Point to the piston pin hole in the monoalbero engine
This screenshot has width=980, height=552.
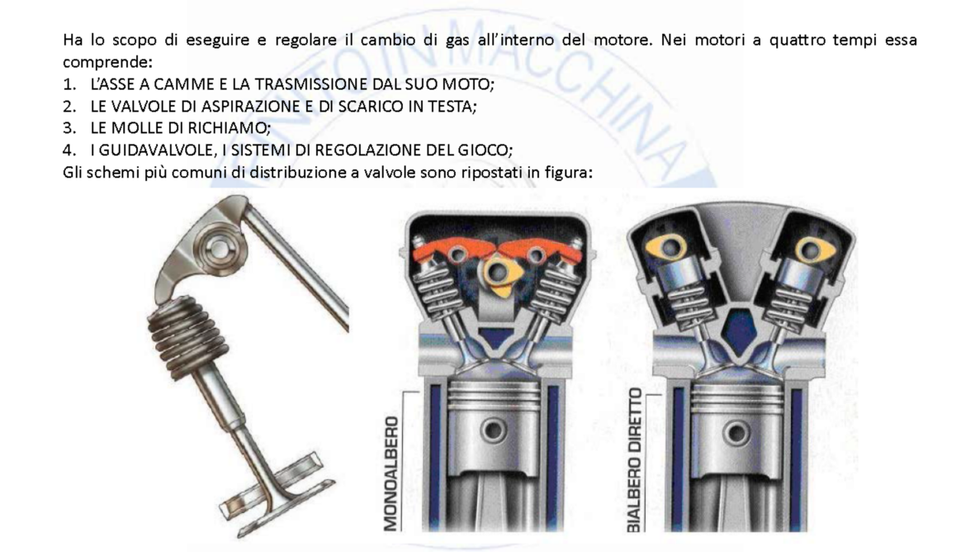[494, 430]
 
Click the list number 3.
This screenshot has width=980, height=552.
[68, 128]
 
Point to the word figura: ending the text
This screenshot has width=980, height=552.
[565, 173]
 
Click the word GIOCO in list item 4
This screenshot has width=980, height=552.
[488, 150]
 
